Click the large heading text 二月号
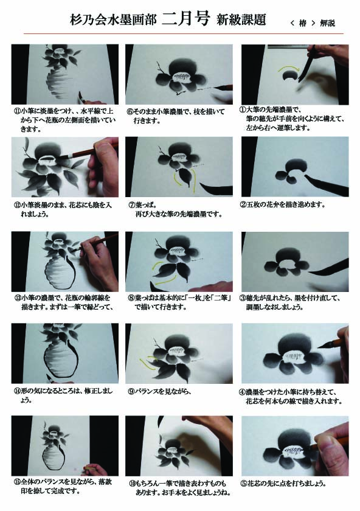(x=185, y=19)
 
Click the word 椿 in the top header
(x=303, y=23)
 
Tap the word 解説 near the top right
(x=327, y=23)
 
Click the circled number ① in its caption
(x=243, y=110)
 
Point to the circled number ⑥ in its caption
(x=130, y=112)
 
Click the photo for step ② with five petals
(x=295, y=167)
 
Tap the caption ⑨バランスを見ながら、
(x=159, y=391)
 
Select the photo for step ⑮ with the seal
(x=65, y=446)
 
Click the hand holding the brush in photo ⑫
(x=103, y=166)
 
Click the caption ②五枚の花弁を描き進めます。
(x=282, y=205)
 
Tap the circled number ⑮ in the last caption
(x=16, y=482)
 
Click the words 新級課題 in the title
(x=241, y=19)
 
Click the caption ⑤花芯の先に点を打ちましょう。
(x=283, y=484)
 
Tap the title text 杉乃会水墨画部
(x=113, y=20)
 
